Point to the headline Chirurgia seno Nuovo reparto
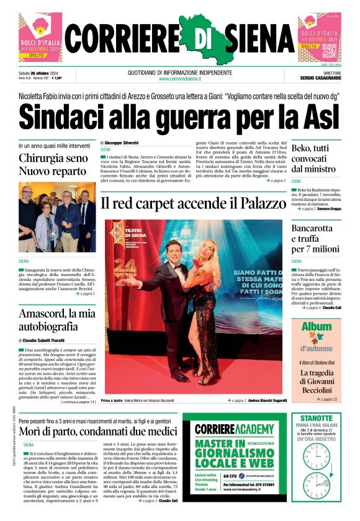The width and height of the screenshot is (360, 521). coord(54,165)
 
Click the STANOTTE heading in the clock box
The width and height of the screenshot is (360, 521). coord(317,418)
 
